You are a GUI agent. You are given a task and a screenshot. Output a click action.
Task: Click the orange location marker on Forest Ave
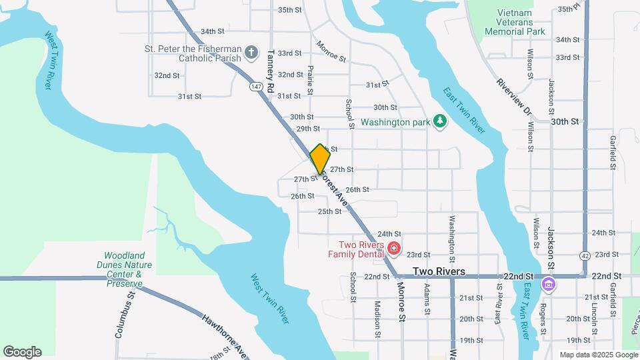320,159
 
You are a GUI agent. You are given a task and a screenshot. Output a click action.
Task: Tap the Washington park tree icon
439,120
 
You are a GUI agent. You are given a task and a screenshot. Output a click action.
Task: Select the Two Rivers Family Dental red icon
393,249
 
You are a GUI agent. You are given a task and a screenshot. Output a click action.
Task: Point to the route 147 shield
256,87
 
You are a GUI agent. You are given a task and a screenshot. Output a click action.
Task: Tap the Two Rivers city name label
439,272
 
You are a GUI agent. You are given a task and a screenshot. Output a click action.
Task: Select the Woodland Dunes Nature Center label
125,269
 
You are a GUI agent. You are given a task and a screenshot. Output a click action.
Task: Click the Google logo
22,352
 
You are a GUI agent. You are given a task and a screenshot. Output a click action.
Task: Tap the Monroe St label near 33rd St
331,51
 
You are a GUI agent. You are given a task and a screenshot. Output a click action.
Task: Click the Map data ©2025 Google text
597,355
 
